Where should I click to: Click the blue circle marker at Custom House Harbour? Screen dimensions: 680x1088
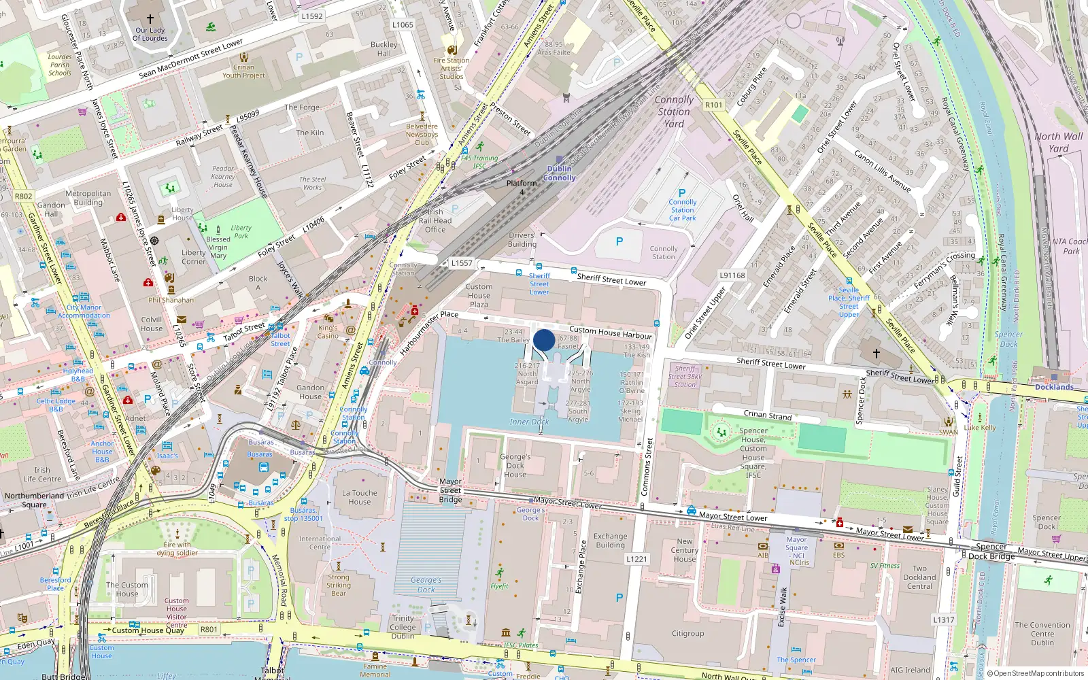[544, 340]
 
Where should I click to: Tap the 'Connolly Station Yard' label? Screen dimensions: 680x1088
[674, 112]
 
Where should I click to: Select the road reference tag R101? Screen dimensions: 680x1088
[713, 105]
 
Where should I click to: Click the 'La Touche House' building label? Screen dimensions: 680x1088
[360, 497]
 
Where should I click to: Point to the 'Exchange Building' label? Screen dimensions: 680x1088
[610, 541]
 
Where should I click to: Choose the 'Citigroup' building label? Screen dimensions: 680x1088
[687, 633]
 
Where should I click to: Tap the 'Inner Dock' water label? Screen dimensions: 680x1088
[529, 422]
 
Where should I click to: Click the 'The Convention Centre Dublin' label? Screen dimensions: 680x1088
[1042, 634]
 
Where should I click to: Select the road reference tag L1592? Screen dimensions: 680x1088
[312, 16]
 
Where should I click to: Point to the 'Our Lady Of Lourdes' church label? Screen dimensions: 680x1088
[150, 34]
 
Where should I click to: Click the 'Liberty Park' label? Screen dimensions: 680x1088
[241, 232]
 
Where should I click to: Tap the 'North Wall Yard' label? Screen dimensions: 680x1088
[1058, 142]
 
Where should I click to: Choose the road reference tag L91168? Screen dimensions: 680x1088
[732, 275]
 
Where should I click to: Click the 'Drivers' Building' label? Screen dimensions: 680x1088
[522, 240]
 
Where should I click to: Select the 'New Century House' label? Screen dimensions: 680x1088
[685, 550]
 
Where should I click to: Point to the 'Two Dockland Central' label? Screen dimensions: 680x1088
[919, 577]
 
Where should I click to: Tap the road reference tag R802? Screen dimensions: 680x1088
[24, 196]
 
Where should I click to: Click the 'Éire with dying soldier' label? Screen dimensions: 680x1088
[177, 549]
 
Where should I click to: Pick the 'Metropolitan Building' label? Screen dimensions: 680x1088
[88, 198]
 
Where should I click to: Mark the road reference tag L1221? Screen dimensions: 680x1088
[636, 559]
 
